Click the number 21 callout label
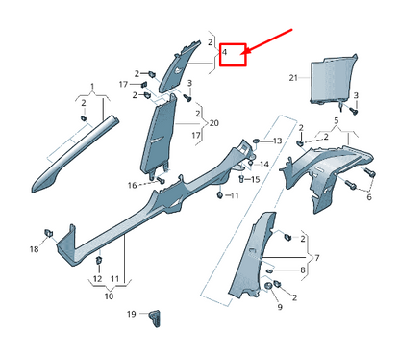tap(292, 76)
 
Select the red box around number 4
tap(233, 54)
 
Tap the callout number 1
tap(92, 86)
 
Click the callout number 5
tap(336, 122)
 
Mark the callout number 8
tap(302, 271)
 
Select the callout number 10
tap(108, 297)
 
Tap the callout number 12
tap(95, 279)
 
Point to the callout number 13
tap(277, 141)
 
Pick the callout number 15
tap(257, 179)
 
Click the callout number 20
tap(213, 123)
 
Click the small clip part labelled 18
tap(48, 233)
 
